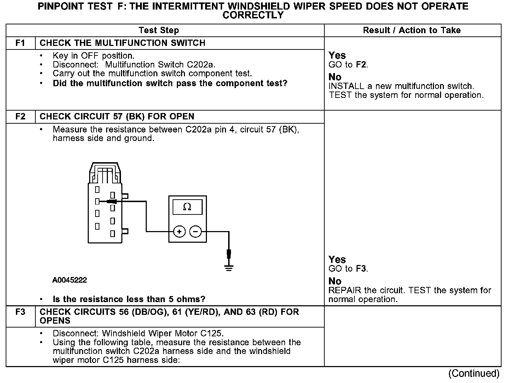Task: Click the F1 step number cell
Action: [21, 43]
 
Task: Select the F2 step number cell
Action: [21, 117]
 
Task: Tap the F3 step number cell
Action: [21, 312]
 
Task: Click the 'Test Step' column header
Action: [159, 30]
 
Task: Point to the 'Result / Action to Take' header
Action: [412, 30]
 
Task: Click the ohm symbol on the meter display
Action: [187, 207]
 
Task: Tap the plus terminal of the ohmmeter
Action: [179, 232]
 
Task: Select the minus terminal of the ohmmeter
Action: [196, 232]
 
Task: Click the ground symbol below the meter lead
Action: [229, 267]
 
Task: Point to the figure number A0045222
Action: [70, 280]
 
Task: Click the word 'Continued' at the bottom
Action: [474, 373]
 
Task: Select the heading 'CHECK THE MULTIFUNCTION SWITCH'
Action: [122, 43]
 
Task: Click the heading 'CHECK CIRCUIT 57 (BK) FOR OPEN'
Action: [117, 117]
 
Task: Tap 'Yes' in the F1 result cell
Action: [337, 55]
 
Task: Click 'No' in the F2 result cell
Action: [335, 281]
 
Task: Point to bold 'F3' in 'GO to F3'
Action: [361, 269]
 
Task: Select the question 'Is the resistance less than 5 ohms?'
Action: [129, 300]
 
